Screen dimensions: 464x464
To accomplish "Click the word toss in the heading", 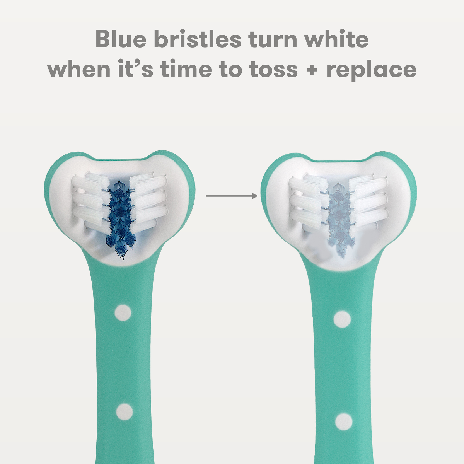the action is (273, 70).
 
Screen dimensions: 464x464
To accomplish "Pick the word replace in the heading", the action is (371, 70).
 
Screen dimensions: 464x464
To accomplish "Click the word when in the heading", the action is (79, 69).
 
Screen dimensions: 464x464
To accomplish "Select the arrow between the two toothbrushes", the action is (232, 196).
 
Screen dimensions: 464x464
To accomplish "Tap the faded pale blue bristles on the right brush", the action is (338, 220).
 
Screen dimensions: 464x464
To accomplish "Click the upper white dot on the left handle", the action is (123, 313).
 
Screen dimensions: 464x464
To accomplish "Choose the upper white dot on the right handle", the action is (342, 319).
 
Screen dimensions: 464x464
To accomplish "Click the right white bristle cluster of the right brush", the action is (368, 201).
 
